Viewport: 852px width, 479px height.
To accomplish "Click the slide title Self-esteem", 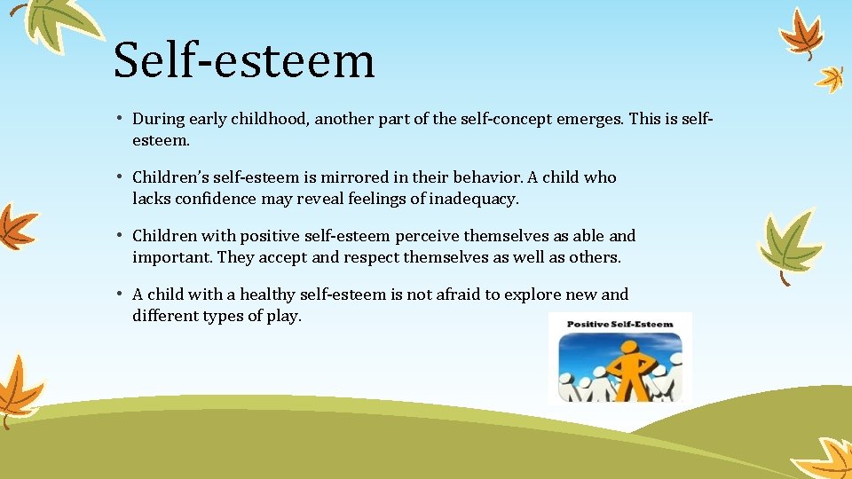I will point(244,60).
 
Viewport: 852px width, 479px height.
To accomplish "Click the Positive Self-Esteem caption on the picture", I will point(619,325).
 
